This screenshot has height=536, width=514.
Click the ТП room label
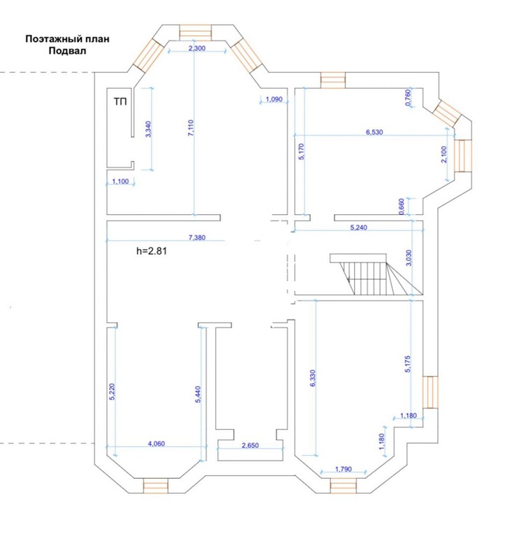point(120,101)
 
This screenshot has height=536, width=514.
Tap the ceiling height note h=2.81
point(152,251)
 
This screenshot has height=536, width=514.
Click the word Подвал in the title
point(67,51)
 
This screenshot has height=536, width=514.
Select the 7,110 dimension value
point(191,128)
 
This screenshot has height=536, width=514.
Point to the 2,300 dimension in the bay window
point(197,48)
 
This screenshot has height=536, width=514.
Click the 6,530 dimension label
point(374,132)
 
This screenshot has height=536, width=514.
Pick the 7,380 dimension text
point(197,237)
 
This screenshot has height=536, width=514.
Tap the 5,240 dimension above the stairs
point(359,228)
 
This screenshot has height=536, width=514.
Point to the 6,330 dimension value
point(313,378)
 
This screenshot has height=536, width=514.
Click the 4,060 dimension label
point(156,444)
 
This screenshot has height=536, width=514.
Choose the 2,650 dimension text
point(250,445)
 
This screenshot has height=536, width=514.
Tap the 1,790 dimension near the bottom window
point(344,469)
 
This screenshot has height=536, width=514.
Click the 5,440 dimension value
point(198,395)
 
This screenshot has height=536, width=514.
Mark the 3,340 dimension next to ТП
point(148,129)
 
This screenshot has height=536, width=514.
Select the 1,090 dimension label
point(274,100)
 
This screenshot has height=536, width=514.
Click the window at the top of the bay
point(196,33)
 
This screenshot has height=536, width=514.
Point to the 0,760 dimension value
point(408,98)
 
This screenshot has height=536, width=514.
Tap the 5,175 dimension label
point(407,364)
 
